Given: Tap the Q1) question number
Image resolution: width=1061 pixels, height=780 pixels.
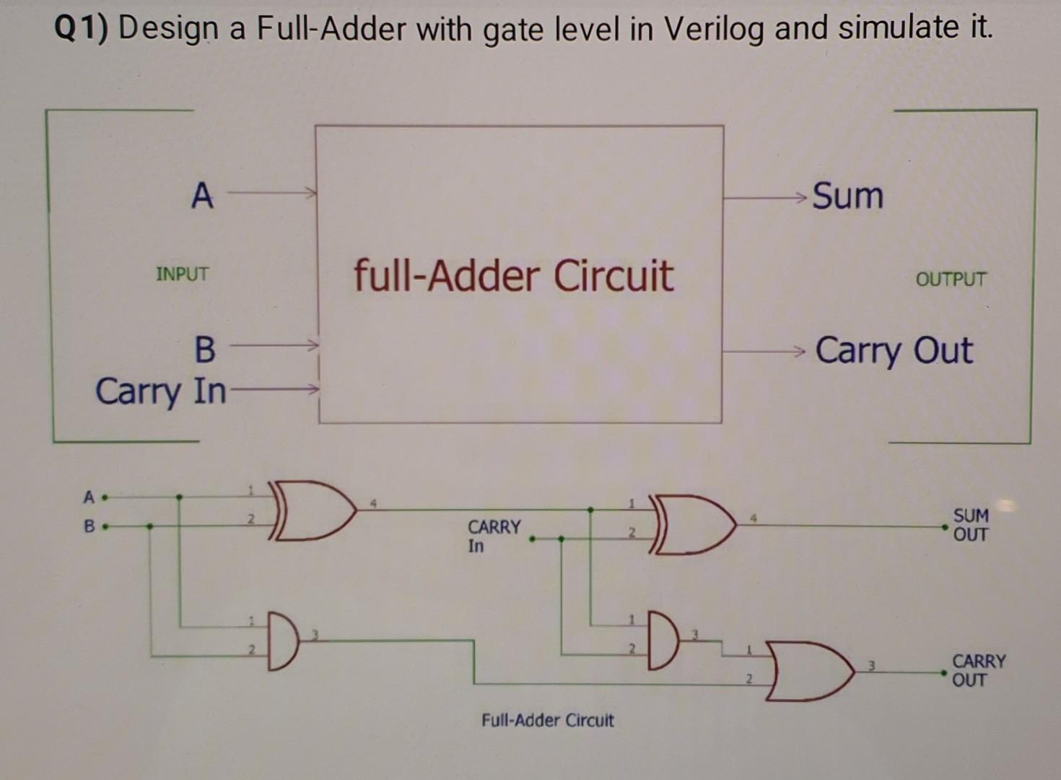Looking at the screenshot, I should click(81, 29).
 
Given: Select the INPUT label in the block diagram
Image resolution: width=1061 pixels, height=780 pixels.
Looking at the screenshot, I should click(182, 274).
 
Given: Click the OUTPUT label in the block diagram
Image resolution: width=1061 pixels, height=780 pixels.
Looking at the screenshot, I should click(951, 279).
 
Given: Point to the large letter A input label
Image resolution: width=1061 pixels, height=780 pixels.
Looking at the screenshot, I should click(202, 196).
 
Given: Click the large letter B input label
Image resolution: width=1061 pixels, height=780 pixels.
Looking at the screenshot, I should click(205, 350).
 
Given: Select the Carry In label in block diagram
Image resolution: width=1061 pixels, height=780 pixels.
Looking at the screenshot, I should click(160, 392).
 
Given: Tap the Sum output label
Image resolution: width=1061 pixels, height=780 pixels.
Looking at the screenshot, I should click(847, 196).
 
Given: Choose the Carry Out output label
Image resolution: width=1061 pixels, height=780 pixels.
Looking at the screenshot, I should click(894, 351).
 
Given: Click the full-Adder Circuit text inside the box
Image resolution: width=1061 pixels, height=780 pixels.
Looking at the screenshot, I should click(513, 276).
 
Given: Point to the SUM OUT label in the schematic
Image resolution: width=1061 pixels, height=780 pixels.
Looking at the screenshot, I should click(970, 525).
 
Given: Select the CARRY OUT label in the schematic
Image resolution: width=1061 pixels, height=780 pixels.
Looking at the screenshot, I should click(978, 670).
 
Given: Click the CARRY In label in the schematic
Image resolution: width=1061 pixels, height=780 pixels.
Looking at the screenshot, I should click(493, 536).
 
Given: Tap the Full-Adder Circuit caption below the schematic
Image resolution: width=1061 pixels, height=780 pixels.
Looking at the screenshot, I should click(547, 720).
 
